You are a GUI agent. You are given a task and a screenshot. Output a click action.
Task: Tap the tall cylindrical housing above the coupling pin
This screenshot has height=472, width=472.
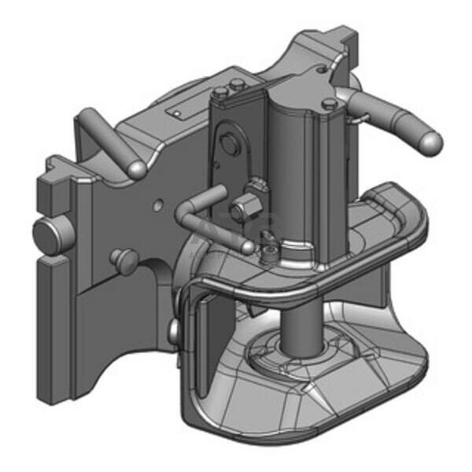click(303, 173)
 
